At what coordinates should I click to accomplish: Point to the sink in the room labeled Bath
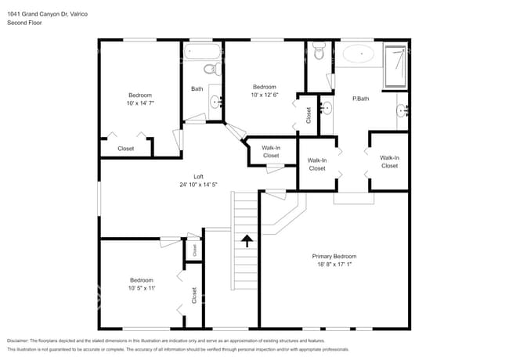coord(216,101)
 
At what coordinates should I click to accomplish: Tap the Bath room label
coord(197,88)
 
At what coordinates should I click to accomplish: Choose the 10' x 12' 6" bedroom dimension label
coord(264,96)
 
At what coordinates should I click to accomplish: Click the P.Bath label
coord(360,98)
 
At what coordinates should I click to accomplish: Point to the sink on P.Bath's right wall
coord(403,110)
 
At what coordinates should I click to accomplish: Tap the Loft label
coord(199,176)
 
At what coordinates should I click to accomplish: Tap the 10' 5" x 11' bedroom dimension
coord(141,289)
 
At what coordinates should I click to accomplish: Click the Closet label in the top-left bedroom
coord(125,148)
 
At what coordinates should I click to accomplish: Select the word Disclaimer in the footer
coord(22,341)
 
